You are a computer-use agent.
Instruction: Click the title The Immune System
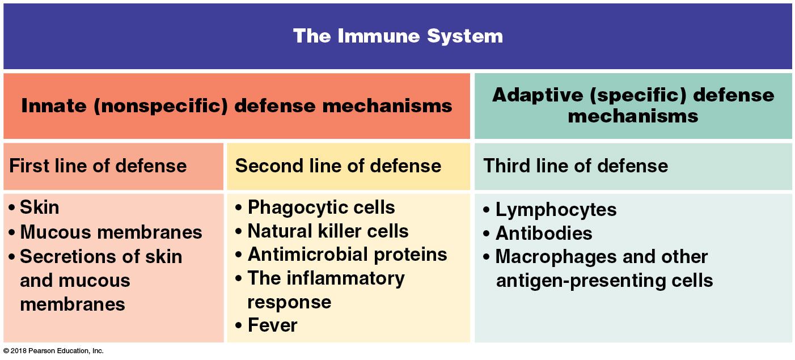397,36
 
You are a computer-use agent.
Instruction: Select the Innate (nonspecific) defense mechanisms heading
236,105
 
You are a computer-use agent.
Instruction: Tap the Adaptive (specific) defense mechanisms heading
633,105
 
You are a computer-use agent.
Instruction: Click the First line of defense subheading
98,166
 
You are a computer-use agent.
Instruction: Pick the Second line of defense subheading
338,166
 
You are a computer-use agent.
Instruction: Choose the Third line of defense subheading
576,166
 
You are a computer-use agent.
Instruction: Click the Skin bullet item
39,207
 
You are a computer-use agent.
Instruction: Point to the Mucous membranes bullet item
111,232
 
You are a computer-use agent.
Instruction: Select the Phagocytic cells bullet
321,207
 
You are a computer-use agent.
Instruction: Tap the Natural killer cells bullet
328,231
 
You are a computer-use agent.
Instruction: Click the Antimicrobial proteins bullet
347,255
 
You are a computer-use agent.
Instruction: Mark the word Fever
272,325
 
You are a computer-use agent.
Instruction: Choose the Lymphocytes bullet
556,210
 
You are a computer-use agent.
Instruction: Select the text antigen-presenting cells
604,281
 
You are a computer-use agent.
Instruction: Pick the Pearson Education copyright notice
53,351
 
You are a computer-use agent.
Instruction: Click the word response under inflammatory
289,302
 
